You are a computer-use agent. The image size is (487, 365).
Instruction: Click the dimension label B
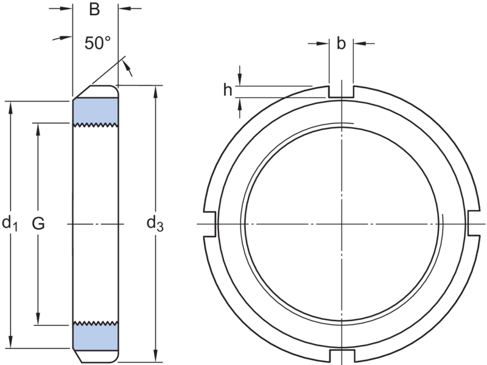tap(94, 10)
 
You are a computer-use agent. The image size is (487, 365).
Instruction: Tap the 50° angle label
tap(97, 43)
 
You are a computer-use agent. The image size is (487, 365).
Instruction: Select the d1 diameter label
tap(10, 224)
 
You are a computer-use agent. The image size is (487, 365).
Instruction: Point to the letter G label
tap(38, 223)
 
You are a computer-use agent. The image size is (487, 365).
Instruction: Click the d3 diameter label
tap(155, 224)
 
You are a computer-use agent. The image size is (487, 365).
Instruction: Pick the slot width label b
tap(341, 43)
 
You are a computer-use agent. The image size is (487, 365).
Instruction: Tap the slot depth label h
tap(228, 90)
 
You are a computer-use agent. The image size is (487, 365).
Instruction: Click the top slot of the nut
tap(341, 92)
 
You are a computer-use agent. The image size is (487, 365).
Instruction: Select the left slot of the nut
tap(209, 224)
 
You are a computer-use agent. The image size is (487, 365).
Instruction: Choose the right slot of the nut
tap(474, 223)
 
